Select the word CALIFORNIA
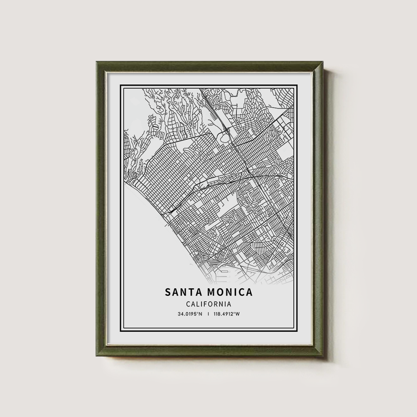(208, 305)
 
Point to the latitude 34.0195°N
(190, 314)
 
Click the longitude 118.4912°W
(227, 314)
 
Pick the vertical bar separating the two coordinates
(208, 314)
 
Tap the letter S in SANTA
(168, 292)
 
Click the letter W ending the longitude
(238, 314)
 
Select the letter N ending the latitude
(201, 314)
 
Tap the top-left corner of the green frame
(97, 62)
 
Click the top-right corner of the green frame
(322, 62)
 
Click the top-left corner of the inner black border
(121, 85)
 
